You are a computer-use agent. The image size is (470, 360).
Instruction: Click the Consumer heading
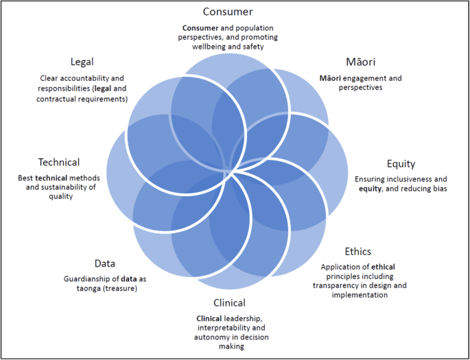coord(228,12)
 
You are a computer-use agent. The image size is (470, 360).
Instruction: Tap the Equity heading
coord(401,164)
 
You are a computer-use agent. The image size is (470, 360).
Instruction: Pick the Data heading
coord(105,263)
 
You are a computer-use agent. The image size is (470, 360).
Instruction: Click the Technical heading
coord(59,163)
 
